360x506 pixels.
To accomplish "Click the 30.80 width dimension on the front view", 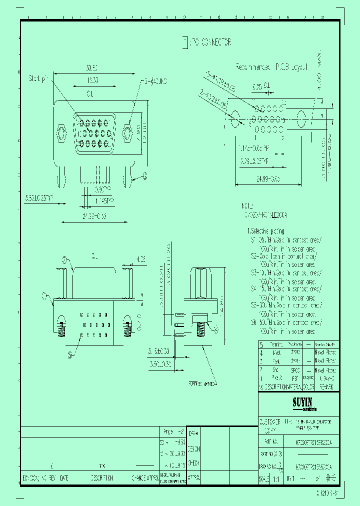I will (x=91, y=67).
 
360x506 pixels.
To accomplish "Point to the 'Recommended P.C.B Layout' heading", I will (x=271, y=66).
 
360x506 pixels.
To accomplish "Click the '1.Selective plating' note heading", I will (x=266, y=231).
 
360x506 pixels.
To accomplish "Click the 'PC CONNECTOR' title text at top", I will (x=209, y=42).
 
